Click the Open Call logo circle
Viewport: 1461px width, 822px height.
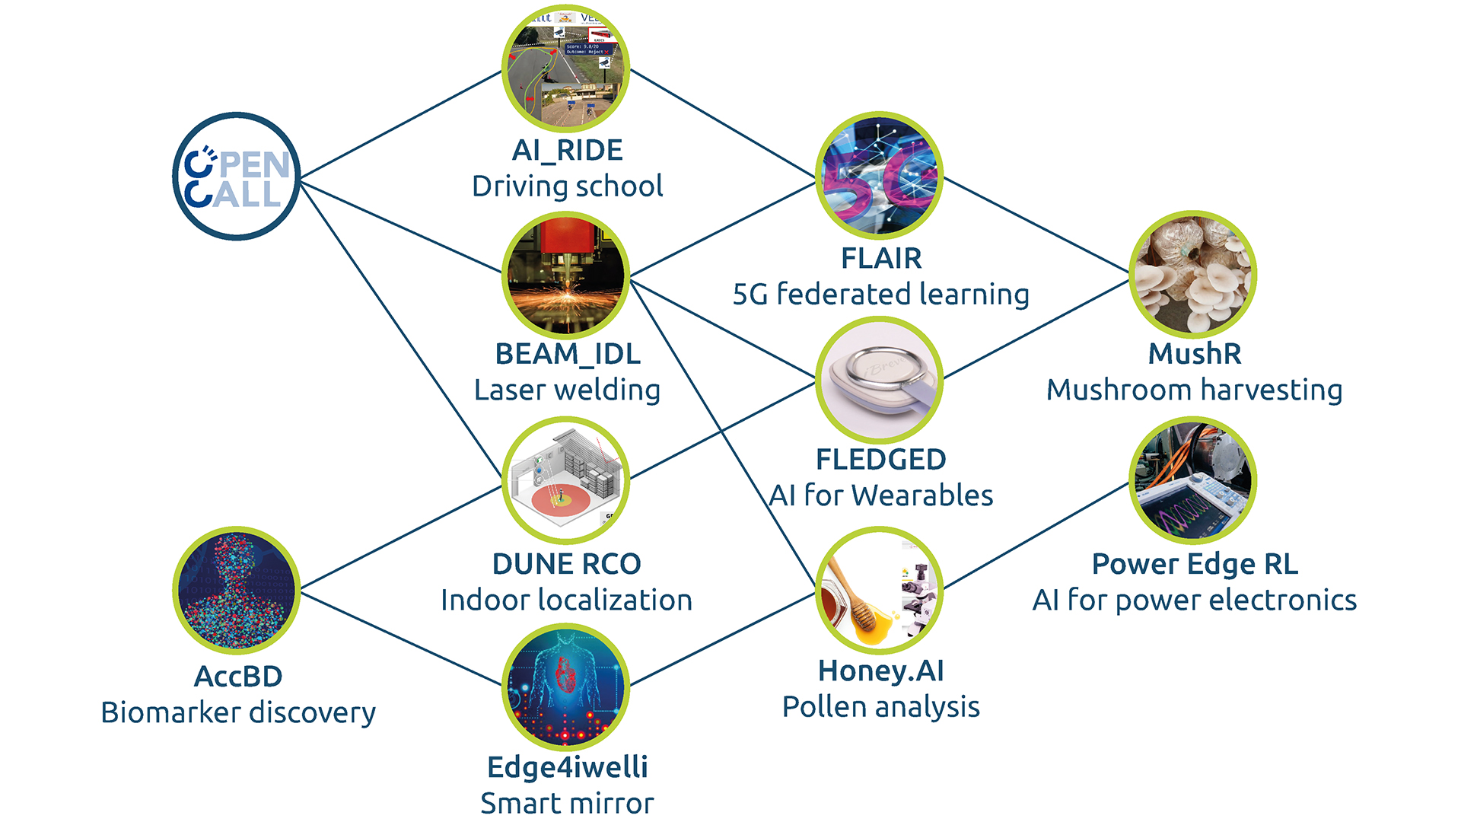pos(237,177)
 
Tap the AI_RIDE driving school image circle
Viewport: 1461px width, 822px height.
pos(565,68)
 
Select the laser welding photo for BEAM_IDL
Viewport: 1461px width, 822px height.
pos(565,276)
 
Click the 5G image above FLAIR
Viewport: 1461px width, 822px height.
pos(879,176)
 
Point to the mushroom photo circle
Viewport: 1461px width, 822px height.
pos(1192,274)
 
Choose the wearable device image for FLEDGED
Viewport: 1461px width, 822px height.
pos(879,381)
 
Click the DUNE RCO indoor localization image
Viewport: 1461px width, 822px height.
pos(565,479)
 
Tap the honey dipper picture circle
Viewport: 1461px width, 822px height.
pos(879,591)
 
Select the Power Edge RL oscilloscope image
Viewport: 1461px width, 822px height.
pos(1192,480)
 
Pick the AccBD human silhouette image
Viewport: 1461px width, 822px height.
pos(237,591)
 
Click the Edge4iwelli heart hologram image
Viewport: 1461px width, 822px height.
pos(565,687)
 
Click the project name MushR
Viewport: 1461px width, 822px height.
pos(1194,354)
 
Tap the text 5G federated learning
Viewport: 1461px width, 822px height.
pos(880,295)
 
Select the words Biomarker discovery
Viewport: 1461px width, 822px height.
pos(238,712)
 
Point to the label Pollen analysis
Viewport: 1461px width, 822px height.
pos(880,707)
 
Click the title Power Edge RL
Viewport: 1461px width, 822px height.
pos(1194,564)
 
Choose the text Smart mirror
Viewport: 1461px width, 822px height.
pos(567,804)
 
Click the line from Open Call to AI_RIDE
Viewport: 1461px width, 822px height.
pos(401,125)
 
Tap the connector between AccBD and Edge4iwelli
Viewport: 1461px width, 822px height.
pos(401,639)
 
